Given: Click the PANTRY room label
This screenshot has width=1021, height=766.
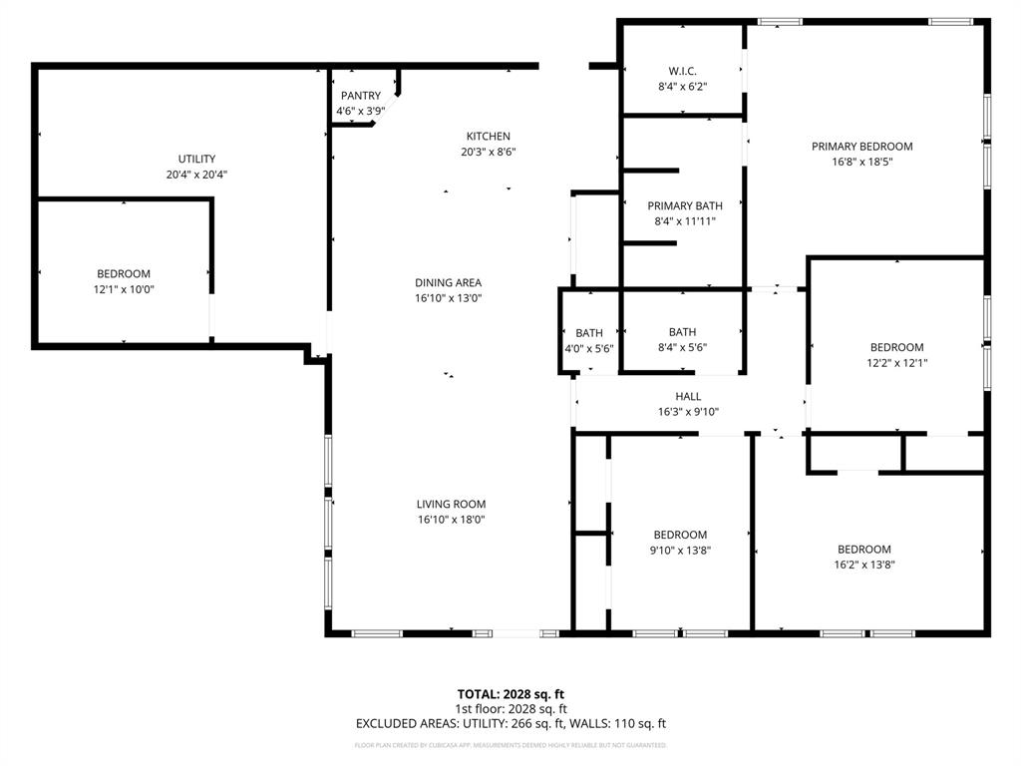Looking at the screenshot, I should pyautogui.click(x=359, y=96).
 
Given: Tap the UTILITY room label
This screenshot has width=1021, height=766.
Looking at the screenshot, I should pyautogui.click(x=196, y=159).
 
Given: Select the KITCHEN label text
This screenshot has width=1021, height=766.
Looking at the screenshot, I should pyautogui.click(x=488, y=137).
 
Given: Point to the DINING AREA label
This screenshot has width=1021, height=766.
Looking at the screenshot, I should pyautogui.click(x=448, y=282).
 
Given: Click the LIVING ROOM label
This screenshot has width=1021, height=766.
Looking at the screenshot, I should pyautogui.click(x=452, y=504).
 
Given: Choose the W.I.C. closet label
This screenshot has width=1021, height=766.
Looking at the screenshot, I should pyautogui.click(x=682, y=71).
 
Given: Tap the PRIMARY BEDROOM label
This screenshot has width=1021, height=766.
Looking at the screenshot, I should pyautogui.click(x=861, y=146).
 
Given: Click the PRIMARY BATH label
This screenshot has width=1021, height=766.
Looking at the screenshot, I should pyautogui.click(x=684, y=205).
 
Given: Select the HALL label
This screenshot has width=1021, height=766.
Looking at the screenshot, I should pyautogui.click(x=688, y=396).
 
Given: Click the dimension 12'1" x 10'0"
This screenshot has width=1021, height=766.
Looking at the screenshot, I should pyautogui.click(x=124, y=289).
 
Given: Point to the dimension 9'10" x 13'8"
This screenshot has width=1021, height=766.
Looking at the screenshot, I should pyautogui.click(x=680, y=550).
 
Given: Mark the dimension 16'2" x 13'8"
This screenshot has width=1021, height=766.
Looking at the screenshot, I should pyautogui.click(x=863, y=565).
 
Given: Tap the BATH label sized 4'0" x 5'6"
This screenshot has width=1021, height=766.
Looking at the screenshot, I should pyautogui.click(x=589, y=333).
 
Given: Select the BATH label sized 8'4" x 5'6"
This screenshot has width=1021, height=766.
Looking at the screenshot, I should pyautogui.click(x=682, y=332).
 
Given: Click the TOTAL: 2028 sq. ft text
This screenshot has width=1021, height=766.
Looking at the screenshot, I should pyautogui.click(x=510, y=693).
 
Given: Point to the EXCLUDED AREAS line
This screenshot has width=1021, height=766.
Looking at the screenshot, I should pyautogui.click(x=510, y=723).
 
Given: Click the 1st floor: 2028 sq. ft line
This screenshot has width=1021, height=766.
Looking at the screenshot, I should pyautogui.click(x=510, y=708).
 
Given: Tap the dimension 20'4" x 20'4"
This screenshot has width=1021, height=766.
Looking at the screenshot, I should pyautogui.click(x=196, y=175).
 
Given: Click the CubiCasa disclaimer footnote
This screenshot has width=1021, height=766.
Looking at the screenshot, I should pyautogui.click(x=510, y=745).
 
